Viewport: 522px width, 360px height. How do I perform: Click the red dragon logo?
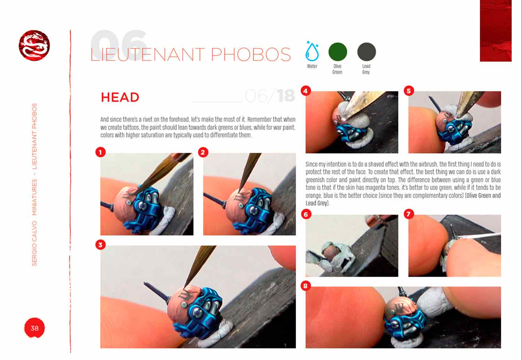click(34, 46)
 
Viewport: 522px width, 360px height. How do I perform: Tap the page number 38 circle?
click(34, 328)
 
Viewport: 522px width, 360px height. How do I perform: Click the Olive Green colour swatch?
click(338, 52)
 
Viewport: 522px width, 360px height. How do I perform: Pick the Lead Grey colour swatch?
click(366, 52)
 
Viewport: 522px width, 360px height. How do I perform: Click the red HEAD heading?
click(120, 97)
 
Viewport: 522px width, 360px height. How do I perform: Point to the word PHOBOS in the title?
click(251, 55)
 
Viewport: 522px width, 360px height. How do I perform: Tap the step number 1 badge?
click(101, 152)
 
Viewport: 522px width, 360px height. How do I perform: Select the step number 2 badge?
click(203, 152)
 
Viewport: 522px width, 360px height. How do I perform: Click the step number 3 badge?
click(101, 245)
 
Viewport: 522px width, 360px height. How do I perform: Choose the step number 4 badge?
click(306, 91)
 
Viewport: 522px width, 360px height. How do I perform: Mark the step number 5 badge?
click(409, 91)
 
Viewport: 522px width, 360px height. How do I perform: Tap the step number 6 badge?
click(306, 214)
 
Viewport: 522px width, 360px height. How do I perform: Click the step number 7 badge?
click(409, 214)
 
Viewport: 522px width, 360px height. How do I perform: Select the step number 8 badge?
click(306, 286)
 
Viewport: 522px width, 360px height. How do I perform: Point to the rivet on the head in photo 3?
click(184, 304)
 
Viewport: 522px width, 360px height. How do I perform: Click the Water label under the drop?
click(312, 66)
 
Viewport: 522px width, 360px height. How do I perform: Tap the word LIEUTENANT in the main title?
click(148, 55)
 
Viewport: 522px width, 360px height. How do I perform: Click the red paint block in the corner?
click(496, 31)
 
